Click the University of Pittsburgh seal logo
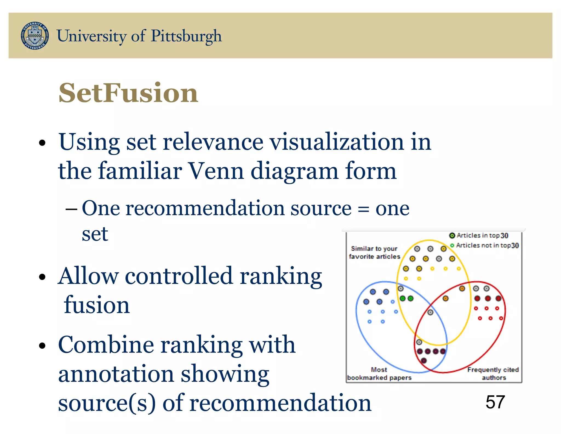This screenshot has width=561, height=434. pos(35,36)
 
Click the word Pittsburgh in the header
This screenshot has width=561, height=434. pos(186,36)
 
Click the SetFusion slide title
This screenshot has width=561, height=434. pos(128,93)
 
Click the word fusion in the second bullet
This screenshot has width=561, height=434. pos(96,305)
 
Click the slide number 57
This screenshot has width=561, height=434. pos(495,402)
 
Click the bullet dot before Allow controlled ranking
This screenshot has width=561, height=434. pos(42,277)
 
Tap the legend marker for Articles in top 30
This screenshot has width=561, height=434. pos(452,235)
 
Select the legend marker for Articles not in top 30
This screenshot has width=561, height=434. pos(452,245)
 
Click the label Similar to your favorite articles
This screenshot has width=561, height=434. pos(374,252)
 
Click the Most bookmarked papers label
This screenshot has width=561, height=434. pos(379,374)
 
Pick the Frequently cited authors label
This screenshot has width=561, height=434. pos(493,374)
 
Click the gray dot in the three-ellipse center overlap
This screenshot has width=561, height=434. pos(430,312)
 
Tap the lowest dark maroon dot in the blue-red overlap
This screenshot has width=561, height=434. pos(424,360)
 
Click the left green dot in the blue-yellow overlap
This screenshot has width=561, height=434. pos(402,298)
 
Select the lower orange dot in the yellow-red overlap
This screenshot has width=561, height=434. pos(445,298)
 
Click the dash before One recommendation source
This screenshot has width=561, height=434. pos(71,209)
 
